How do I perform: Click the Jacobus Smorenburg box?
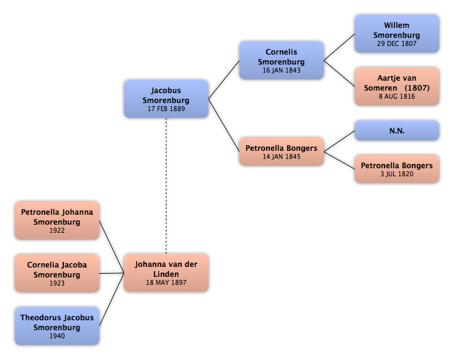[x=166, y=99]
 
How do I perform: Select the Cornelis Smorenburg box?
[x=282, y=60]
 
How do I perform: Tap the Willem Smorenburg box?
[x=397, y=34]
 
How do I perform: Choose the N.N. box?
[x=397, y=131]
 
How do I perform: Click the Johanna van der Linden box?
[x=166, y=272]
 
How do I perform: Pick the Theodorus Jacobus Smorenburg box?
[x=57, y=326]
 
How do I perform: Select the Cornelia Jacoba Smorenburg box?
[x=57, y=273]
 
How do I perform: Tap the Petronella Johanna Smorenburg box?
[x=57, y=220]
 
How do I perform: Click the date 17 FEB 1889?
[x=166, y=109]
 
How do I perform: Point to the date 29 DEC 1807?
[x=397, y=43]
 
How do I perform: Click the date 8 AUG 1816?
[x=397, y=96]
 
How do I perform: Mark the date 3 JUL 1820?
[x=397, y=174]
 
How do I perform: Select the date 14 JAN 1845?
[x=282, y=156]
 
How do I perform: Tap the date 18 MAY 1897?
[x=166, y=282]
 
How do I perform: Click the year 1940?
[x=57, y=336]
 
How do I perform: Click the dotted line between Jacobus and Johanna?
[x=166, y=186]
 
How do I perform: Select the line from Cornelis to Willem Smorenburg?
[x=339, y=47]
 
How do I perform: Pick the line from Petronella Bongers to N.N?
[x=339, y=141]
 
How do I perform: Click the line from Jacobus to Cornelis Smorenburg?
[x=224, y=79]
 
